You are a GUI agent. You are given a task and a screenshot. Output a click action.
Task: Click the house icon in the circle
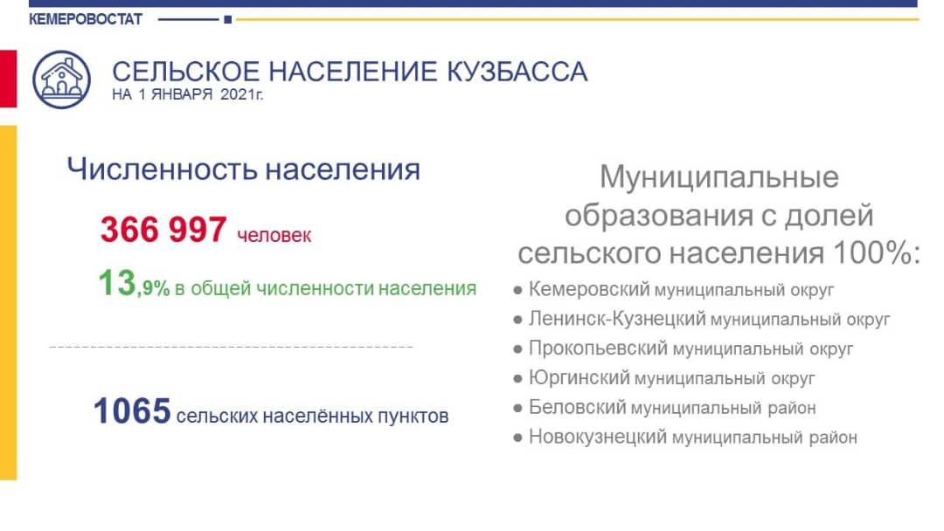click(61, 79)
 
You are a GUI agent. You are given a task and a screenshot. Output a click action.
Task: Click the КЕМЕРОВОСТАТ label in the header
click(86, 19)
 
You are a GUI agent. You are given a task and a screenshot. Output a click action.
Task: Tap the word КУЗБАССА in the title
click(517, 72)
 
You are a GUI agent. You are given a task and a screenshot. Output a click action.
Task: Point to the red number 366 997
click(163, 229)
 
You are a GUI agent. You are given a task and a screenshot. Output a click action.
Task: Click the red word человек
click(274, 235)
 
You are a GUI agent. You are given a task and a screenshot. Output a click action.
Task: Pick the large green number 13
click(117, 283)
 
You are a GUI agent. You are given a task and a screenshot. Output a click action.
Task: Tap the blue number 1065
click(132, 410)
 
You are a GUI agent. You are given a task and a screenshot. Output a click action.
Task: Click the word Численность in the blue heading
click(162, 169)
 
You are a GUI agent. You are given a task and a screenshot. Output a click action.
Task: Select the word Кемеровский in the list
click(589, 289)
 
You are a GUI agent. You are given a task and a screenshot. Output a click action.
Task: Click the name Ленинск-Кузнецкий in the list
click(617, 319)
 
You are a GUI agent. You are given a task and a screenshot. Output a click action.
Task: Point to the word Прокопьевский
click(599, 348)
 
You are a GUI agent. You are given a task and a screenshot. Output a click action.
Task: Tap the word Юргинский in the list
click(580, 377)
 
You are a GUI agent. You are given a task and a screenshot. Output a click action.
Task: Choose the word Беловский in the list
click(578, 407)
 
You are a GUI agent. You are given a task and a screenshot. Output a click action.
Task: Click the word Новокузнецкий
click(598, 437)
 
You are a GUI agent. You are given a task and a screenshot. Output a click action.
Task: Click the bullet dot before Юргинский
click(517, 379)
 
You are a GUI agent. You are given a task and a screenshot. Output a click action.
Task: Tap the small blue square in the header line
click(227, 20)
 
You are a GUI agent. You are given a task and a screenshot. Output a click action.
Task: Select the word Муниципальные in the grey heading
click(718, 177)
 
